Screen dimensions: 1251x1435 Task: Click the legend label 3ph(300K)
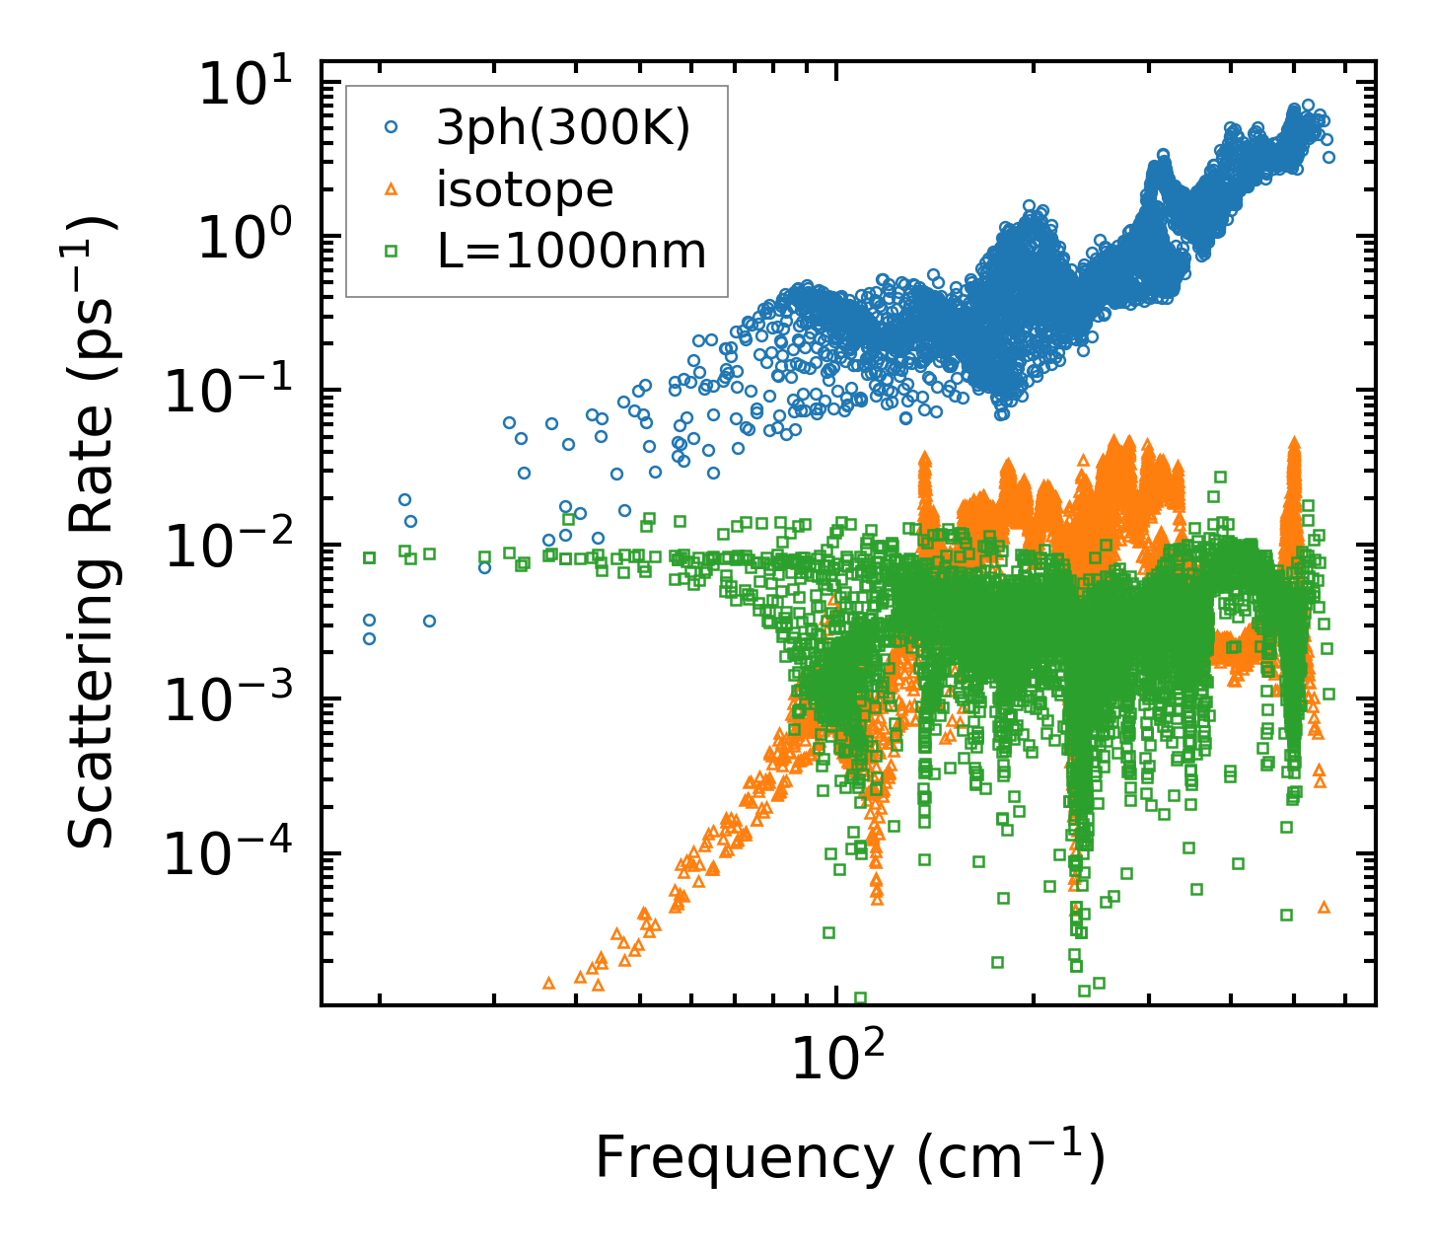pyautogui.click(x=563, y=128)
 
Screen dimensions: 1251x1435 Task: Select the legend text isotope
pyautogui.click(x=525, y=189)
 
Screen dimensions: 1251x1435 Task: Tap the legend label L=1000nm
pyautogui.click(x=571, y=252)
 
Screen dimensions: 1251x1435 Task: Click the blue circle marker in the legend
pyautogui.click(x=391, y=127)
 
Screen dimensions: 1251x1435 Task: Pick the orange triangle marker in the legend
pyautogui.click(x=391, y=189)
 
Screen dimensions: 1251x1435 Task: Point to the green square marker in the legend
pyautogui.click(x=391, y=252)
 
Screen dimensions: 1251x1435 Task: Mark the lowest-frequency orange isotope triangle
pyautogui.click(x=549, y=983)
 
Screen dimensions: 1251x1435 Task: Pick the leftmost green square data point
pyautogui.click(x=370, y=557)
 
